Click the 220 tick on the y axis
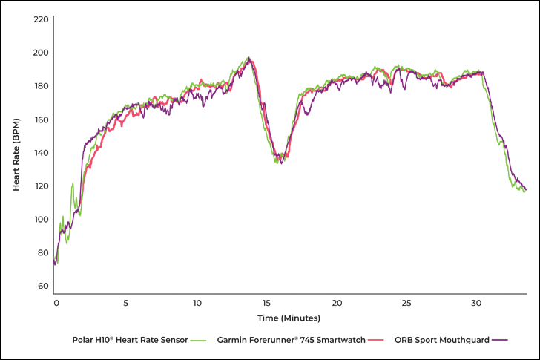click(42, 19)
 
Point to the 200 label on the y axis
click(42, 53)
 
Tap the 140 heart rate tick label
click(42, 153)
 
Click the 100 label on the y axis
click(42, 220)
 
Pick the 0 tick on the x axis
click(56, 303)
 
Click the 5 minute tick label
click(126, 303)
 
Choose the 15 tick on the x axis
click(267, 303)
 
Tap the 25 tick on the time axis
click(407, 303)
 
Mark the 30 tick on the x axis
click(478, 303)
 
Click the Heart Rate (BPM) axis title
click(16, 154)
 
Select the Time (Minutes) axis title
click(289, 318)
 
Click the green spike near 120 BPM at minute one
click(72, 183)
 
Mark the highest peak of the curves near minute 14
click(249, 59)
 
